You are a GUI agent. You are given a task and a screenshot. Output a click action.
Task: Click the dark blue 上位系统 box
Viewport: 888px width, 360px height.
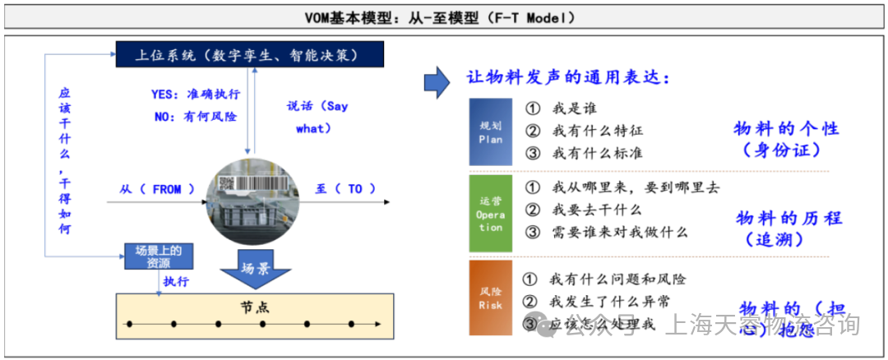247,56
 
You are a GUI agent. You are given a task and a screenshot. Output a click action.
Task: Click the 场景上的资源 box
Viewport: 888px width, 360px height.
159,256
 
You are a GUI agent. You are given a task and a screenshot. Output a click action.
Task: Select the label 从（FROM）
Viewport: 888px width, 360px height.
157,189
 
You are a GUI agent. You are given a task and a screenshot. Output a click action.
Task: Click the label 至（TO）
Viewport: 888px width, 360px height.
339,189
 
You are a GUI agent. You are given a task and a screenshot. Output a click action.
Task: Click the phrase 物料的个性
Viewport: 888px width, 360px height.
787,129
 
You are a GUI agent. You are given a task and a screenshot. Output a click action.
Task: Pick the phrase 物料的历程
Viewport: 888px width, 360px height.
789,218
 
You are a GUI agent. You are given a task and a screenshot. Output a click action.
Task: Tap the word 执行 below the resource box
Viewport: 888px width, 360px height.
176,282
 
